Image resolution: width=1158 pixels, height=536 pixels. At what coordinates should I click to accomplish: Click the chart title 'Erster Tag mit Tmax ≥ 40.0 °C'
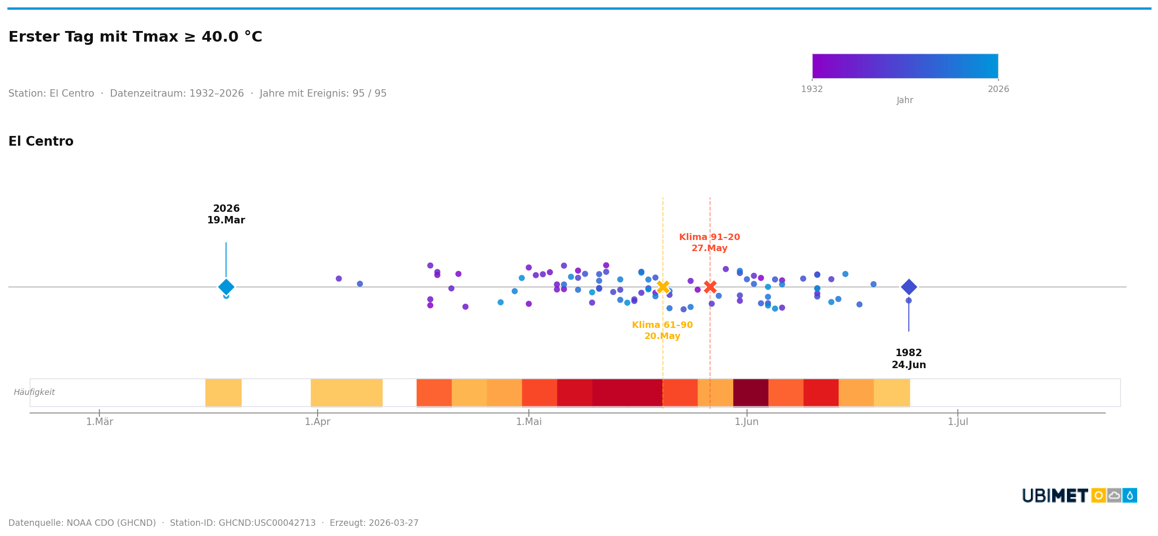click(x=135, y=37)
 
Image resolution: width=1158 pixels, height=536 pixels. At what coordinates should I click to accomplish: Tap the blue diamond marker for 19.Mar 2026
click(x=226, y=287)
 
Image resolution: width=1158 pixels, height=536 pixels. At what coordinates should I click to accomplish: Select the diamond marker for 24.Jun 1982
click(x=908, y=287)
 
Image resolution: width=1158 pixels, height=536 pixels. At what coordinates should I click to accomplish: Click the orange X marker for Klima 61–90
click(x=662, y=287)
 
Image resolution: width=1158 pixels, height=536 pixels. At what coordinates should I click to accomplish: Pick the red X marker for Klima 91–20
click(x=710, y=287)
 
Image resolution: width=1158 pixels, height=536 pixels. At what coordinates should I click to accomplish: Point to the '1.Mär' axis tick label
click(x=99, y=422)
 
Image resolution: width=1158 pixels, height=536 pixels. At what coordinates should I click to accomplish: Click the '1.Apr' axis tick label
click(x=318, y=422)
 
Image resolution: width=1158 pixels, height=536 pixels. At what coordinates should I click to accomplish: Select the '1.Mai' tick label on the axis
click(x=528, y=422)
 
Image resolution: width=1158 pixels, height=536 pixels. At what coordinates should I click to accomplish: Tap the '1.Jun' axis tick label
click(x=747, y=422)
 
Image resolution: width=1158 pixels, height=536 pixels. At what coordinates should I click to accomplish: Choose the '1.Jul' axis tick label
click(x=958, y=422)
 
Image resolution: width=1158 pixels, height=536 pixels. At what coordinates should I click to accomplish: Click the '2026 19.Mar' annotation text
click(x=226, y=215)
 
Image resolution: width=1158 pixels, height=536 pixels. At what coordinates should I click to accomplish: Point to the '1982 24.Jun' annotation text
click(x=908, y=359)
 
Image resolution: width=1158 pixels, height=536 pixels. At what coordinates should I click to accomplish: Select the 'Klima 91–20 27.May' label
click(x=709, y=243)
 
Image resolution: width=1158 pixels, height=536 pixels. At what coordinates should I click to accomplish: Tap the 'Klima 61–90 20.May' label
click(x=662, y=331)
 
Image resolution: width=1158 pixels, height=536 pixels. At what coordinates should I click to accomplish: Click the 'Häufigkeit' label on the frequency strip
click(x=34, y=392)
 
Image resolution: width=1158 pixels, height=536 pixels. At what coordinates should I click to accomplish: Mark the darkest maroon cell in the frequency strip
click(x=750, y=392)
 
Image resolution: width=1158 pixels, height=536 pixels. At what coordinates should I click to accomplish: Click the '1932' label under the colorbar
click(x=812, y=89)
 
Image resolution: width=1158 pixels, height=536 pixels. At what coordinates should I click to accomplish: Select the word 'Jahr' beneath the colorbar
click(x=905, y=100)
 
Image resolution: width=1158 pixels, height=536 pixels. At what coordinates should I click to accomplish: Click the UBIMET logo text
click(x=1055, y=496)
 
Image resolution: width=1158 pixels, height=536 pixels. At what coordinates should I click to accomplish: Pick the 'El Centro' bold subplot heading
click(x=41, y=142)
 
